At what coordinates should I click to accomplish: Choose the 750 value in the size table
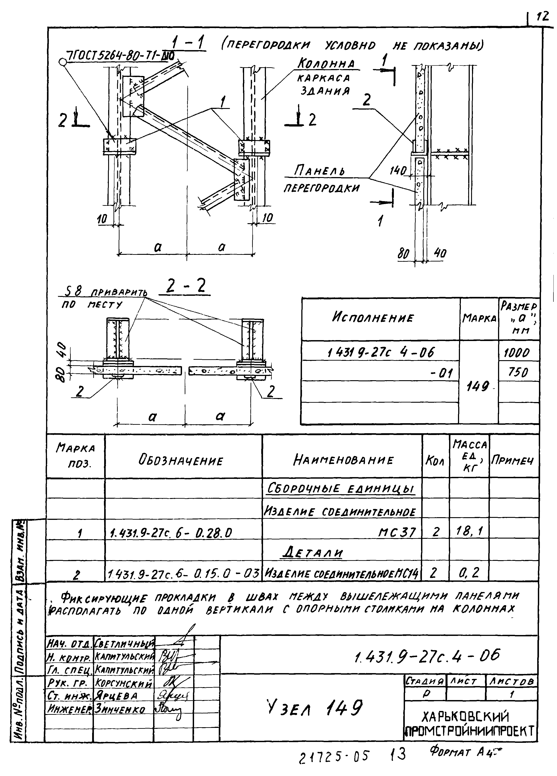518,372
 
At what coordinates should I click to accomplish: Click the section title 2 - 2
185,286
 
